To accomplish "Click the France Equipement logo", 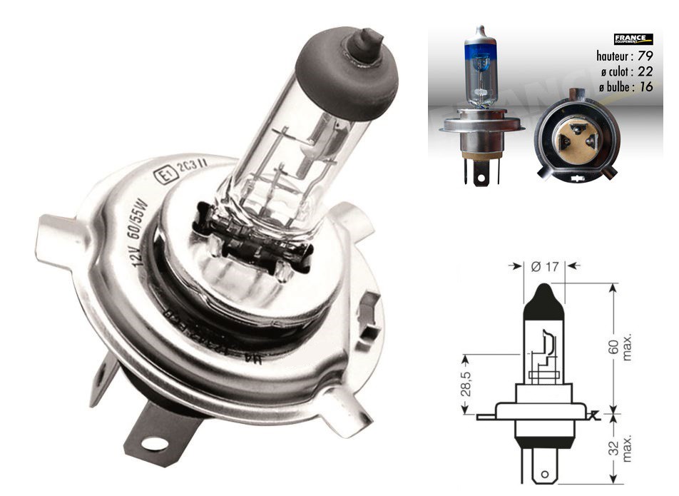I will click(633, 40).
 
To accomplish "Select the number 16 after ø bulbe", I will click(646, 87).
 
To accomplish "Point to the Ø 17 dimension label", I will click(545, 267).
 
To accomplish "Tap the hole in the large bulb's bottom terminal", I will click(151, 444).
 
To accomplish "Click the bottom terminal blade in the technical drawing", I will click(545, 471).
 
